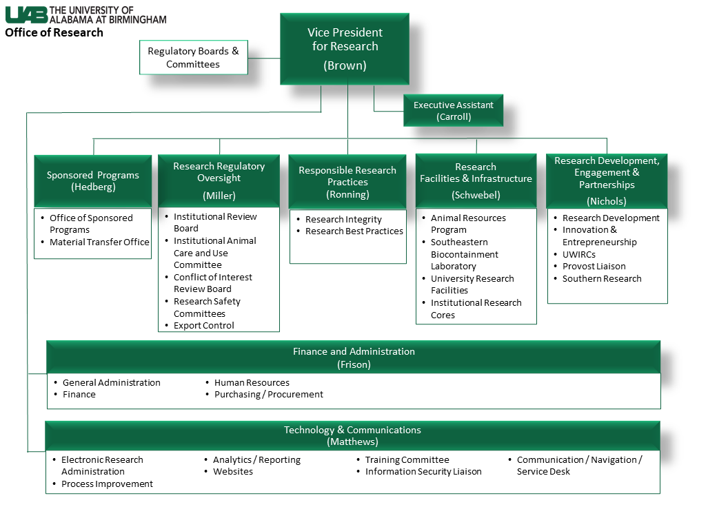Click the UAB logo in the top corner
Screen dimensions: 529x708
click(26, 14)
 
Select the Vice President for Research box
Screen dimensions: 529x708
click(345, 49)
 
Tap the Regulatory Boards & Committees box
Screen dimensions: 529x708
click(193, 58)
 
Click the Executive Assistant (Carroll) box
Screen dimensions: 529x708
click(453, 111)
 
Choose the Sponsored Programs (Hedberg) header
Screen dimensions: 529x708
click(93, 180)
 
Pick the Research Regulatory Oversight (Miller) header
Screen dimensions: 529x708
click(219, 180)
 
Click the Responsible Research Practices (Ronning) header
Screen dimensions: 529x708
click(347, 182)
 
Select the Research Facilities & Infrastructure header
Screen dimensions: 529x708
click(476, 180)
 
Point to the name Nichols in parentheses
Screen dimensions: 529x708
click(607, 201)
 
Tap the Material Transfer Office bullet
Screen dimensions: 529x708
click(99, 242)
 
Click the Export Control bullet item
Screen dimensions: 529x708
click(204, 325)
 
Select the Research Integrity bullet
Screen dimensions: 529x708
click(343, 219)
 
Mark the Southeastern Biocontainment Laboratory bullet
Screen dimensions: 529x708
click(464, 254)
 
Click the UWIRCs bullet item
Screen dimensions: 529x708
click(579, 254)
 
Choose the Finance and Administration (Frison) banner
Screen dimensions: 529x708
click(354, 357)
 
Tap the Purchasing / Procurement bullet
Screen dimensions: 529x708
click(268, 394)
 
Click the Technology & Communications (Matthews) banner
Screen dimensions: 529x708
click(352, 436)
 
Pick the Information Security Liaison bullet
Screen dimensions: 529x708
click(423, 471)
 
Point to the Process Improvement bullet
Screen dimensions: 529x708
click(107, 484)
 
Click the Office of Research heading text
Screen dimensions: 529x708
click(54, 32)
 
